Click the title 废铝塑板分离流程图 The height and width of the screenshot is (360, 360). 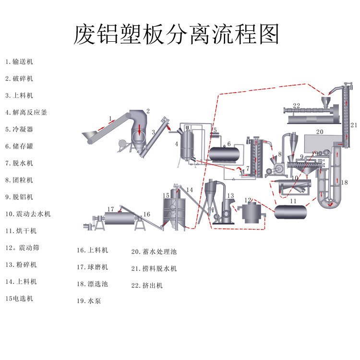pyautogui.click(x=176, y=34)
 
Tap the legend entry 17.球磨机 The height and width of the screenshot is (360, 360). pyautogui.click(x=92, y=267)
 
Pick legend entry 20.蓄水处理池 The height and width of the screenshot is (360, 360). pyautogui.click(x=154, y=251)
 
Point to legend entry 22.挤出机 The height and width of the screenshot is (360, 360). pyautogui.click(x=146, y=285)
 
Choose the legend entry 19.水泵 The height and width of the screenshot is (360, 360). pyautogui.click(x=89, y=301)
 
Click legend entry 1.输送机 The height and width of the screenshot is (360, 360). pyautogui.click(x=20, y=61)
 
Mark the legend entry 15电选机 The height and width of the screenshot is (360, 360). pyautogui.click(x=20, y=298)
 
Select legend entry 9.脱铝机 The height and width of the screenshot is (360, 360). pyautogui.click(x=20, y=197)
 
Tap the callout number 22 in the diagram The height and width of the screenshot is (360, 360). pyautogui.click(x=296, y=106)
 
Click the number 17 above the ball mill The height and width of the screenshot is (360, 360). pyautogui.click(x=111, y=209)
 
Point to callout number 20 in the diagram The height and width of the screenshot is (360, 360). pyautogui.click(x=320, y=131)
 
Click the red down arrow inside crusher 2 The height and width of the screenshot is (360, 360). pyautogui.click(x=139, y=129)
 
